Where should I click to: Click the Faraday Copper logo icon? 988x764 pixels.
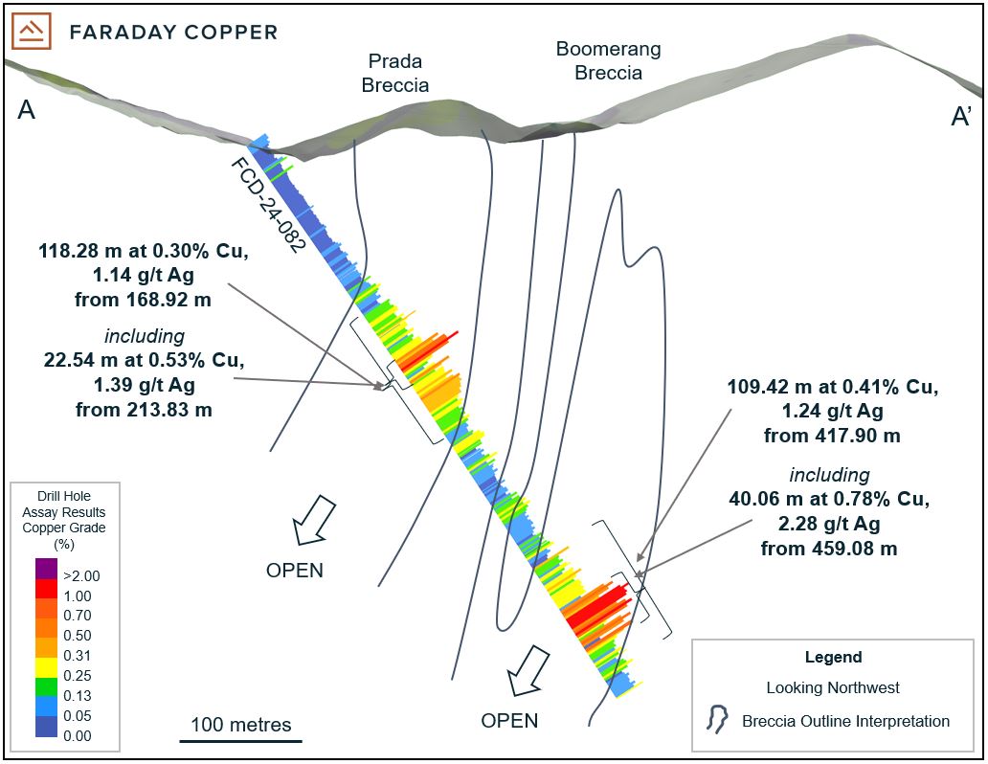pyautogui.click(x=33, y=32)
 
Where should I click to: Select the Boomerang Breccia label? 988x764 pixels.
pyautogui.click(x=609, y=60)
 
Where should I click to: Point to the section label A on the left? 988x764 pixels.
pyautogui.click(x=27, y=111)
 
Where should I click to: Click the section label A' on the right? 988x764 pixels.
pyautogui.click(x=961, y=116)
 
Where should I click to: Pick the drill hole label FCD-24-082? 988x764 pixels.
pyautogui.click(x=268, y=204)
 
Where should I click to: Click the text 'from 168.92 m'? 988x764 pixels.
pyautogui.click(x=143, y=300)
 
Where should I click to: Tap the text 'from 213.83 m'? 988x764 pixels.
pyautogui.click(x=144, y=409)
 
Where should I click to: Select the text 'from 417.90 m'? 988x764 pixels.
pyautogui.click(x=832, y=436)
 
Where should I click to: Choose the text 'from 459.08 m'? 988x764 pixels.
pyautogui.click(x=829, y=549)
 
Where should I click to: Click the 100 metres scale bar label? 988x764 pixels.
pyautogui.click(x=241, y=724)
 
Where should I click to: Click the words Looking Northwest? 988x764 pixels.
pyautogui.click(x=832, y=687)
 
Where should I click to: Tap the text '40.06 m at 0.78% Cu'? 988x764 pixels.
pyautogui.click(x=829, y=500)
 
